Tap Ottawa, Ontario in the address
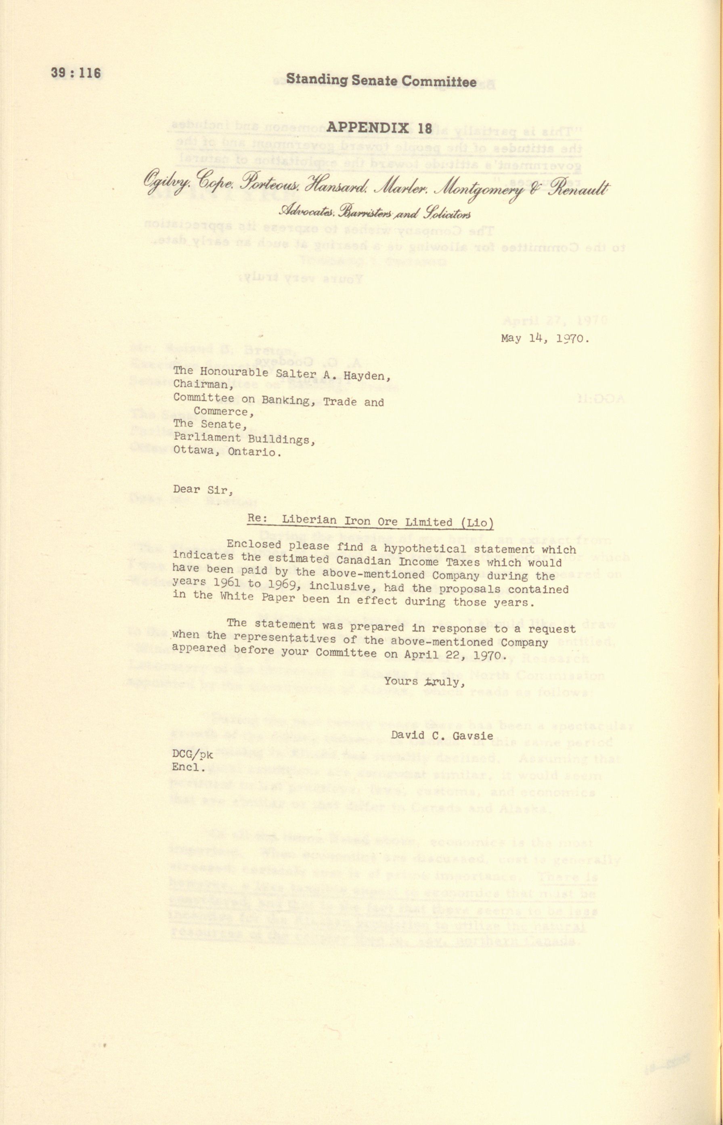[x=227, y=452]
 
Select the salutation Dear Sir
[x=203, y=489]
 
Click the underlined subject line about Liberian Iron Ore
[x=371, y=522]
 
